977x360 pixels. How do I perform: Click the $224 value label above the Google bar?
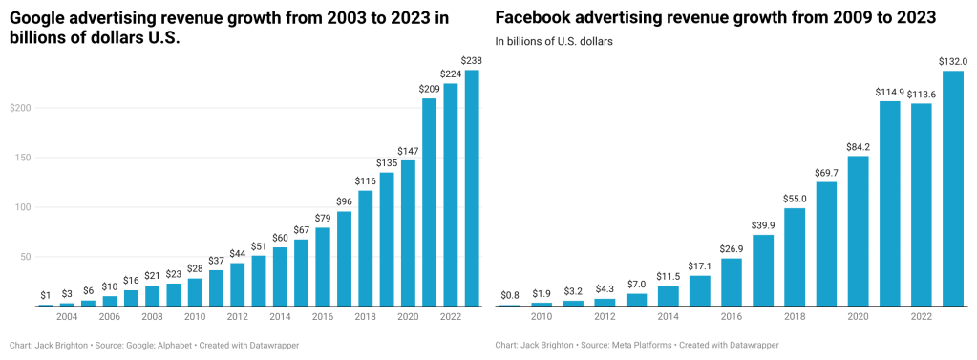(451, 74)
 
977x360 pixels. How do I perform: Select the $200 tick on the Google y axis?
(19, 108)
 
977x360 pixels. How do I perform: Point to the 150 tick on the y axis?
(22, 158)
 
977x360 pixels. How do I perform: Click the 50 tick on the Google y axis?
(24, 257)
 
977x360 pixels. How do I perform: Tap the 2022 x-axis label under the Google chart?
(450, 315)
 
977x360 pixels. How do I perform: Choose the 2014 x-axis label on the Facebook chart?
(668, 315)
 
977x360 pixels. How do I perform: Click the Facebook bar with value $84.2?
(858, 230)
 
